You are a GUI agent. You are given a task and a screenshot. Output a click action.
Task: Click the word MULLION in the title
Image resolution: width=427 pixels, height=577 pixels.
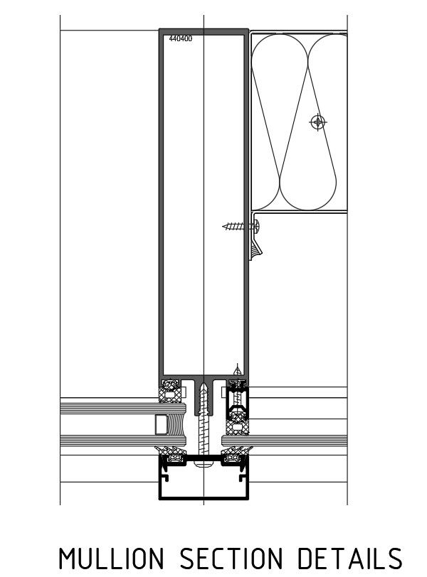112,559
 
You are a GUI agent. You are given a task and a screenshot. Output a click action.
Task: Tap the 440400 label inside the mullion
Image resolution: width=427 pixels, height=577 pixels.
180,39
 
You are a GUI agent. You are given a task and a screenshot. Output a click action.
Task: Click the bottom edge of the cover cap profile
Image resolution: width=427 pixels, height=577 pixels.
204,499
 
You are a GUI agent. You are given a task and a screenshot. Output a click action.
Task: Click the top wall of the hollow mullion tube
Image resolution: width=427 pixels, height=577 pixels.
204,31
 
